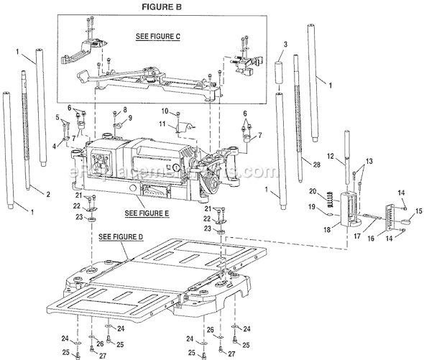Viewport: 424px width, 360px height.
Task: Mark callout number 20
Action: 332,191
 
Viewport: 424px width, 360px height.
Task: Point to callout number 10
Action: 164,111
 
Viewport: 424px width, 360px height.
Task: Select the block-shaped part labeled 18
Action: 356,208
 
